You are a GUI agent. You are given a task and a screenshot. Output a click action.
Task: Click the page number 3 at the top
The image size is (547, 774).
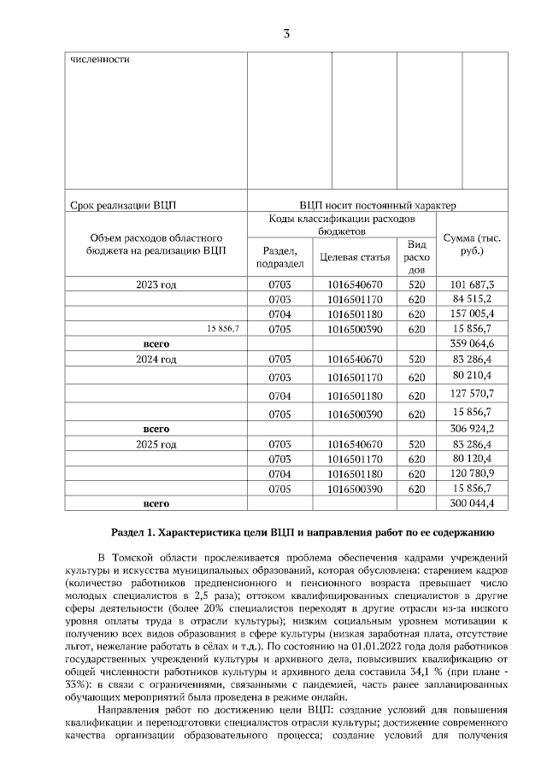pos(286,34)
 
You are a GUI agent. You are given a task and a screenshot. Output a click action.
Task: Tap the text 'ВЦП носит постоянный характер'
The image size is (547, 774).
pos(378,205)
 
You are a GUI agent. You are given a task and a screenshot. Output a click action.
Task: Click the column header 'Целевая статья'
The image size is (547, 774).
pos(354,256)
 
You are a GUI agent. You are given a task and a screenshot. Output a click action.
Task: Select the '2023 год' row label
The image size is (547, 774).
pos(156,284)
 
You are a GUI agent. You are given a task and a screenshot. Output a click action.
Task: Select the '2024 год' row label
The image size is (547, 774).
pos(156,360)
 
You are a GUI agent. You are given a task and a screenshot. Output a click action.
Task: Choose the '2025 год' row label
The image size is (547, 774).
pos(156,444)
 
